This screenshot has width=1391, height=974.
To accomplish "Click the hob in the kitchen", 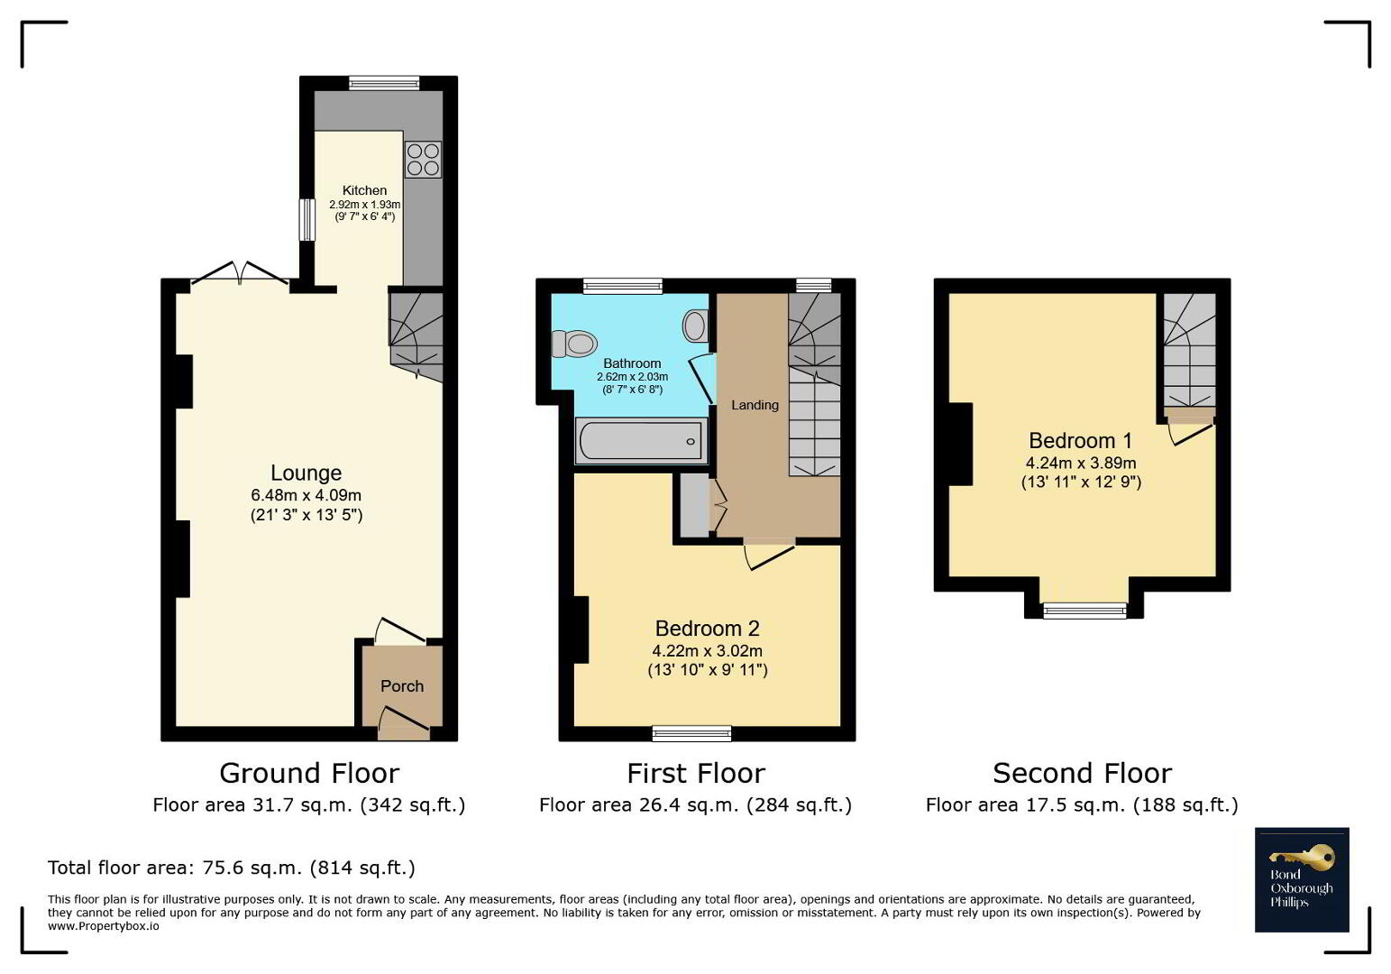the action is (x=423, y=160).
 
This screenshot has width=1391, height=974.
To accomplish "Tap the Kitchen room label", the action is (x=364, y=190).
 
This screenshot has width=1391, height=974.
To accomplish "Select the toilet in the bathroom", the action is (x=573, y=344).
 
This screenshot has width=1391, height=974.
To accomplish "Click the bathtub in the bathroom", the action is (x=641, y=441).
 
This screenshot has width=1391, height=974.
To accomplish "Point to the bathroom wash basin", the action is (x=696, y=326).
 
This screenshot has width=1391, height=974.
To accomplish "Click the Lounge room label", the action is (x=307, y=473).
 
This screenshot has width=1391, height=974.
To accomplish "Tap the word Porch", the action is (x=402, y=686).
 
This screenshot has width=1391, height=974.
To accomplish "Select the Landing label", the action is (x=755, y=405).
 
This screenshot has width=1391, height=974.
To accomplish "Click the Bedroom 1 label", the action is (x=1081, y=440).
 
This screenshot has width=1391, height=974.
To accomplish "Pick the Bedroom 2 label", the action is (x=708, y=629).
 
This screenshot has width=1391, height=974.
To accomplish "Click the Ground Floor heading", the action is (x=309, y=774).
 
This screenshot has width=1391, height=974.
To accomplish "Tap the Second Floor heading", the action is (x=1083, y=774).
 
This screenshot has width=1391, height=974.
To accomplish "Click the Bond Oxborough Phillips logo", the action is (x=1302, y=879).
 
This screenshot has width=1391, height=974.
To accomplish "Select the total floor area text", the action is (x=232, y=868).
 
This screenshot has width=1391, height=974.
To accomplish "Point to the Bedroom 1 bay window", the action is (x=1084, y=611).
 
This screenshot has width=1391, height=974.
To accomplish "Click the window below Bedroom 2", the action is (x=691, y=733).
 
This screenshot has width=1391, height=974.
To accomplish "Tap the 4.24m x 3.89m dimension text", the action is (x=1081, y=464).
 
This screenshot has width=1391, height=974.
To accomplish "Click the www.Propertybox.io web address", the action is (x=104, y=926).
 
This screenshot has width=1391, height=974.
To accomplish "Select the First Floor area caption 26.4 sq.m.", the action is (x=696, y=805).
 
